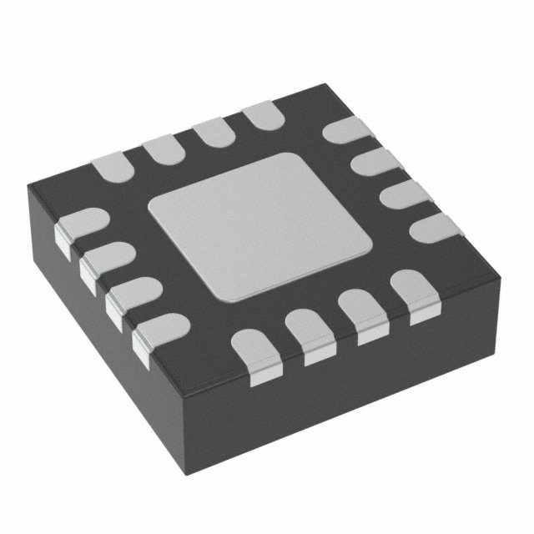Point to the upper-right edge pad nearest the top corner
coord(343,133)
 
